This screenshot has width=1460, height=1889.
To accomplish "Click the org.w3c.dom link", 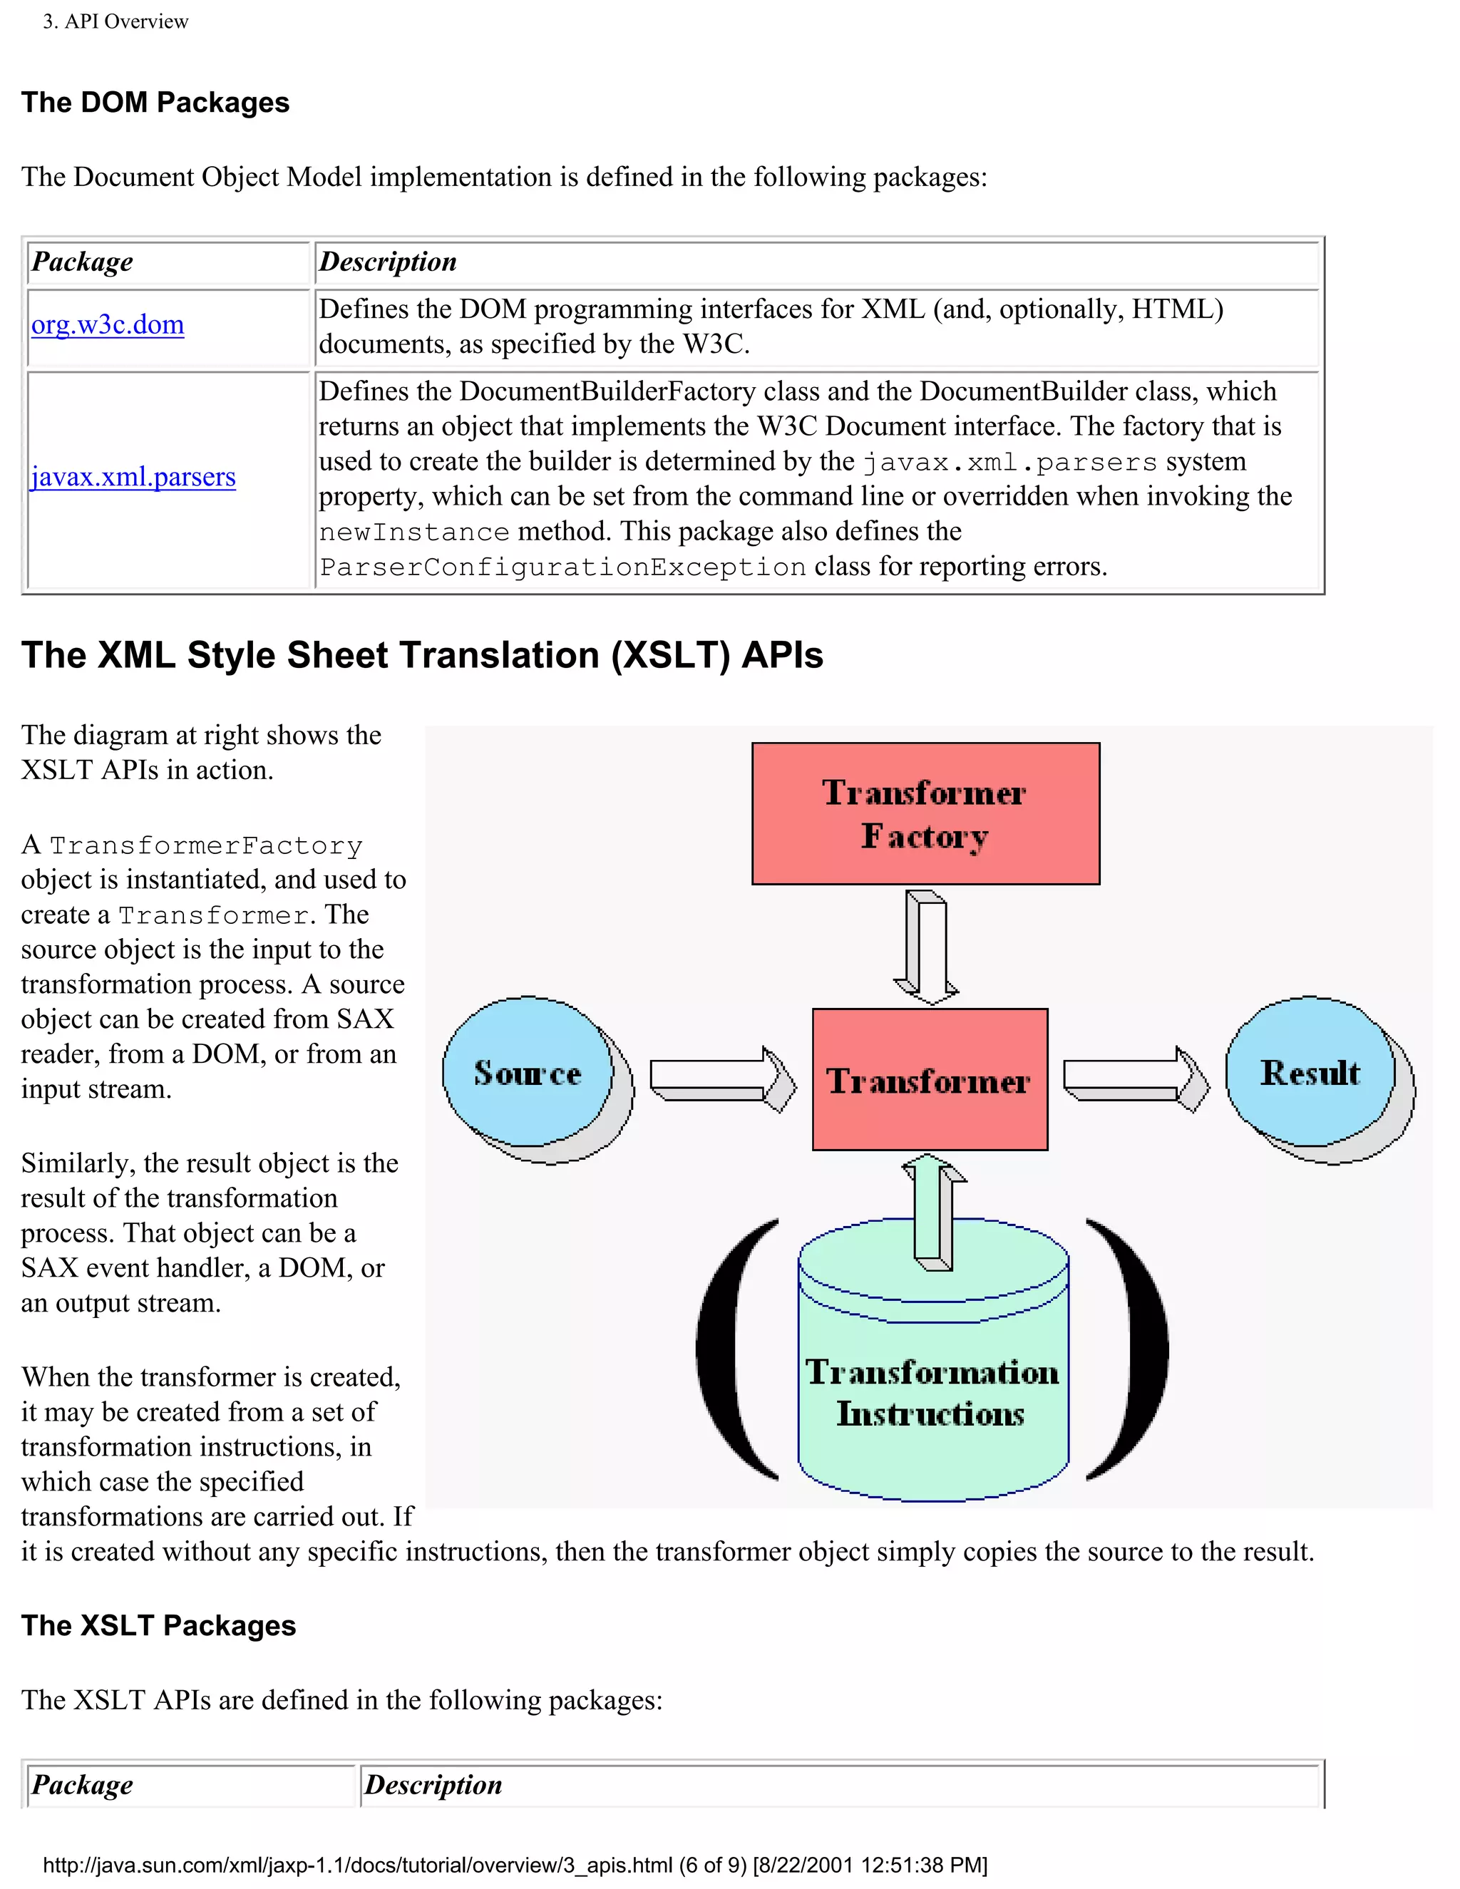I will pyautogui.click(x=107, y=325).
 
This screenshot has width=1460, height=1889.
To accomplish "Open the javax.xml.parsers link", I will pyautogui.click(x=133, y=478).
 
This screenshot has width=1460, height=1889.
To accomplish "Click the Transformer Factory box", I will pyautogui.click(x=925, y=813).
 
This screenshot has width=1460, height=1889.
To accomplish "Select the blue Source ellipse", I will pyautogui.click(x=528, y=1073).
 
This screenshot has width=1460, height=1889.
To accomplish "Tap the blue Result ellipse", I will pyautogui.click(x=1310, y=1073).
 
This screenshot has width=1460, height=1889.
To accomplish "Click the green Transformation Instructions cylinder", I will pyautogui.click(x=932, y=1393).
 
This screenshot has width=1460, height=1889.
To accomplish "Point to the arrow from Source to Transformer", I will pyautogui.click(x=722, y=1079).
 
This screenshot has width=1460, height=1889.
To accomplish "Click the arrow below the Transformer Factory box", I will pyautogui.click(x=926, y=947).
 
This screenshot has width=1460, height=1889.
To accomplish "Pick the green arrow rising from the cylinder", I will pyautogui.click(x=934, y=1211).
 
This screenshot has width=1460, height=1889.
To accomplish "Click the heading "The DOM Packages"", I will pyautogui.click(x=155, y=103).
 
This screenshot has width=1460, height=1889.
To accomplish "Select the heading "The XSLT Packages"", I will pyautogui.click(x=158, y=1625).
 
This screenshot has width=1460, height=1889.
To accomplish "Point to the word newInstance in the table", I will pyautogui.click(x=414, y=532).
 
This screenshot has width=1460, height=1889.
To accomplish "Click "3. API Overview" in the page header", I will pyautogui.click(x=116, y=21).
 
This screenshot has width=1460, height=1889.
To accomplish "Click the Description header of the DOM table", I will pyautogui.click(x=388, y=262).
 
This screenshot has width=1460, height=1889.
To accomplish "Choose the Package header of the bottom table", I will pyautogui.click(x=82, y=1784).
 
